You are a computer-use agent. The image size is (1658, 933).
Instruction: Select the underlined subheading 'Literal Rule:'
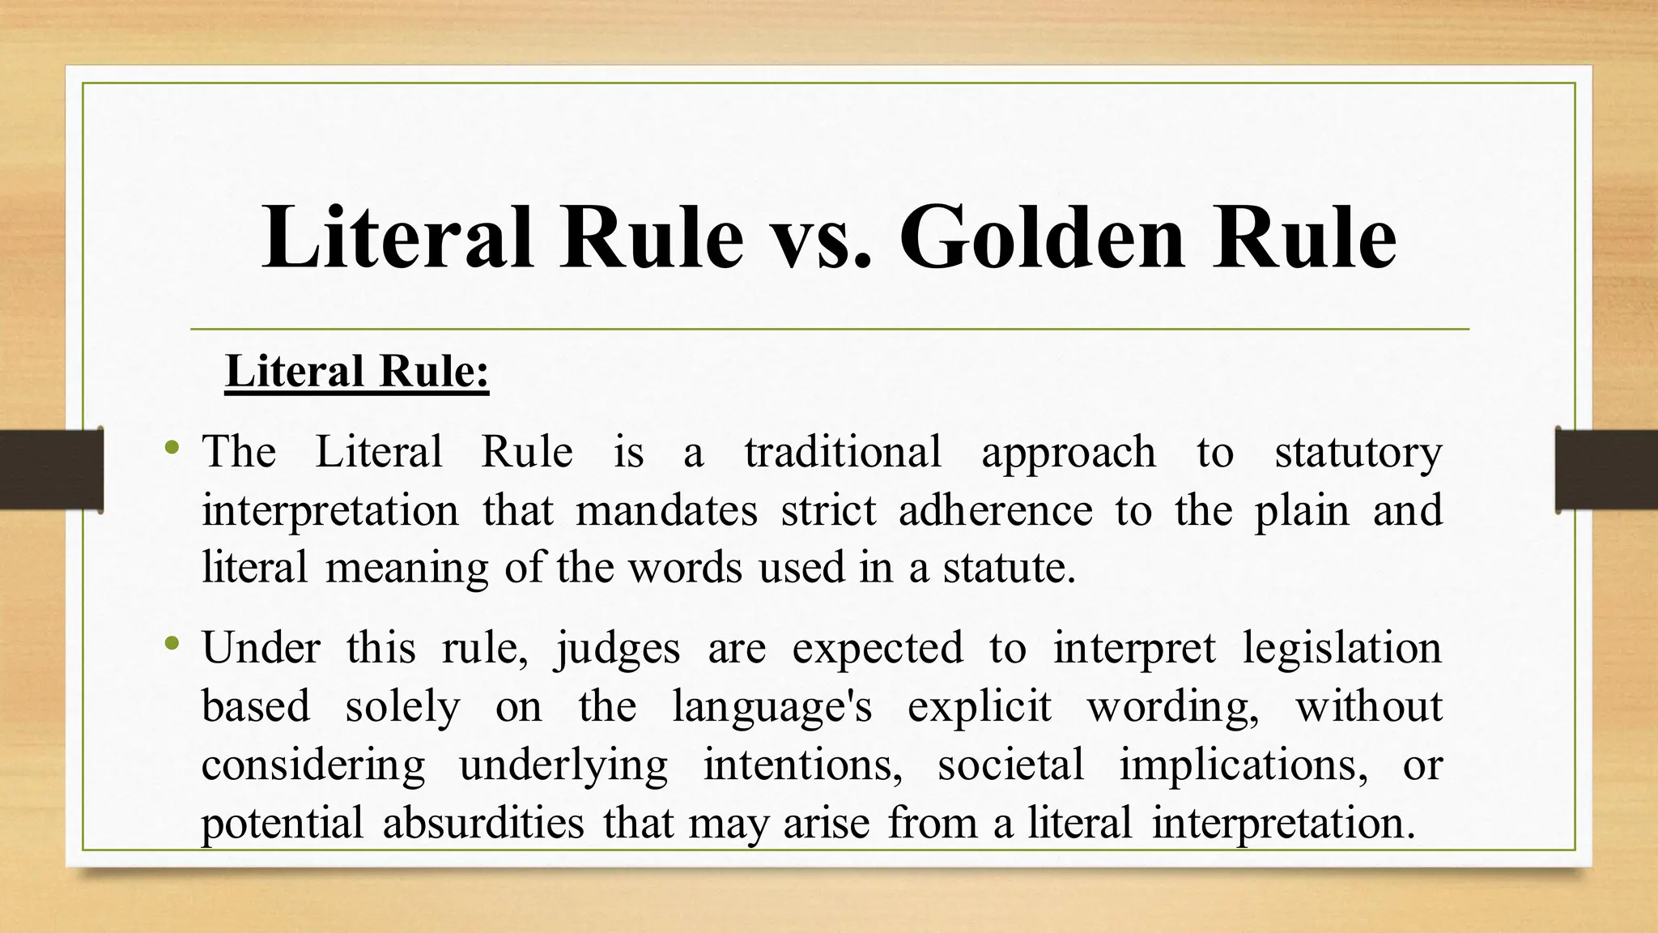[357, 372]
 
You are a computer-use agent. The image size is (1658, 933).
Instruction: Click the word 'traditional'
[843, 451]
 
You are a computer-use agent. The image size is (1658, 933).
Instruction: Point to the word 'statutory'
[1358, 453]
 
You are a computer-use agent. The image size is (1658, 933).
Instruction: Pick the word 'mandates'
[666, 510]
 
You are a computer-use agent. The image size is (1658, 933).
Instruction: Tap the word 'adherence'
[995, 510]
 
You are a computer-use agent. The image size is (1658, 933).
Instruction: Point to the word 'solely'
[402, 707]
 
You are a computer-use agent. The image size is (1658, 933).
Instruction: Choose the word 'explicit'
[979, 707]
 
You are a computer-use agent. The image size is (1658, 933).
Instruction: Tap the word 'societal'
[1010, 765]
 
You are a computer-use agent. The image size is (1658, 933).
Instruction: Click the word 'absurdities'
[483, 823]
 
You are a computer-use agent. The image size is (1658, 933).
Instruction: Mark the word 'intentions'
[802, 765]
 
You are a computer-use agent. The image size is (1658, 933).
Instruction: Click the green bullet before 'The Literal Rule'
[171, 446]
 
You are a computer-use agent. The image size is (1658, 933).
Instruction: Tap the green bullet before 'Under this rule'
[171, 644]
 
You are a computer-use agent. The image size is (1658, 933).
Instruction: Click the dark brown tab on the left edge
[51, 470]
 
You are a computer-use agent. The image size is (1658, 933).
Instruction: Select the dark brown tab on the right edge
[1606, 470]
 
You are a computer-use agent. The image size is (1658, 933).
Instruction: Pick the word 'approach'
[1069, 453]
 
